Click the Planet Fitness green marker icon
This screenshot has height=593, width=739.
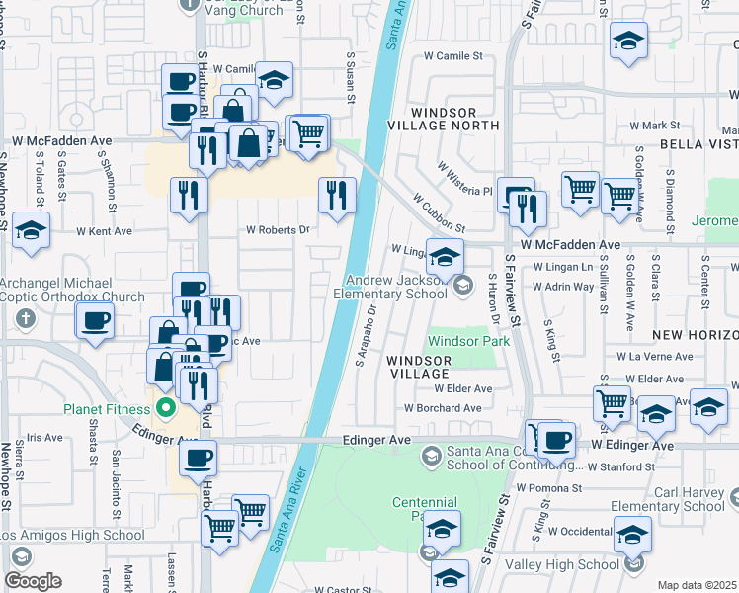[x=166, y=407]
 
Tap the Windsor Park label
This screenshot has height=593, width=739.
[x=468, y=341]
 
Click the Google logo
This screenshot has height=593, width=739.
[x=34, y=581]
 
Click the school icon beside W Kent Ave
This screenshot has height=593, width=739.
[x=32, y=231]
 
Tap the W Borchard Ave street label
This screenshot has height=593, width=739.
[x=443, y=407]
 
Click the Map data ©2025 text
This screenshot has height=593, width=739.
[x=697, y=585]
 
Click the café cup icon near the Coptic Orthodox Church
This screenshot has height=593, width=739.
[x=95, y=320]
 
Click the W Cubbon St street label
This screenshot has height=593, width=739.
[x=438, y=211]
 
